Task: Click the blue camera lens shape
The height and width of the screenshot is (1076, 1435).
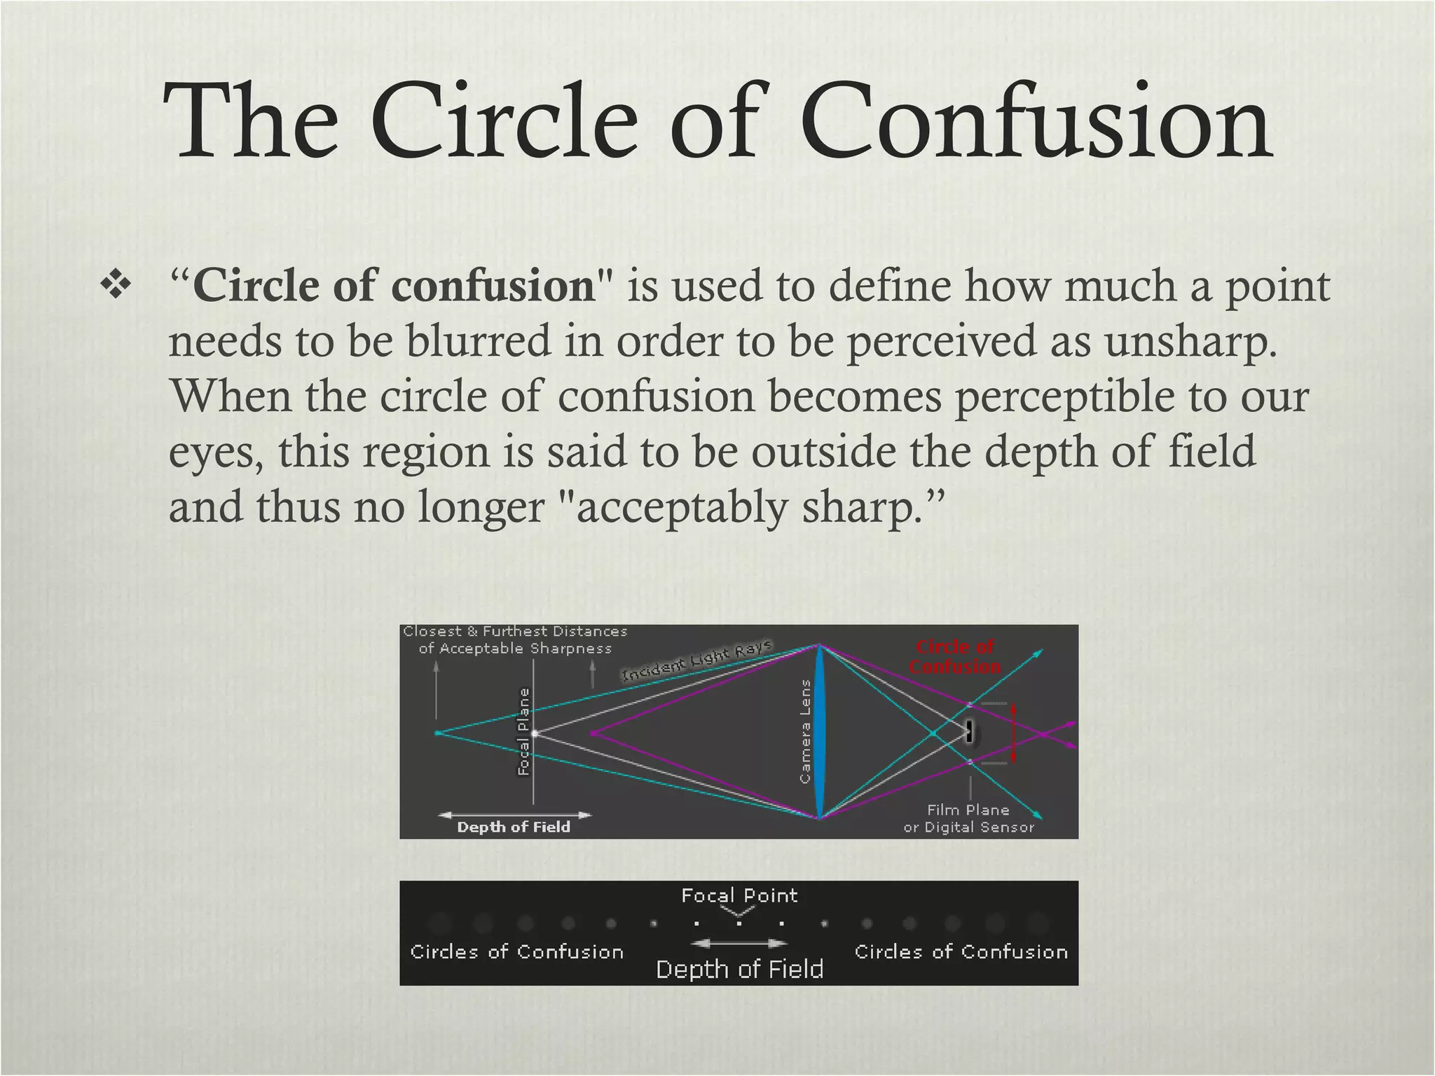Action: pos(819,731)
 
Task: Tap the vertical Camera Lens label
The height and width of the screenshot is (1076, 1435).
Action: pos(805,731)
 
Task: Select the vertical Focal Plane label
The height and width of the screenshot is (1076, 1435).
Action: pos(523,731)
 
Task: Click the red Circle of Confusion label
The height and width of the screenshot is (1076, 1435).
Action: pos(954,656)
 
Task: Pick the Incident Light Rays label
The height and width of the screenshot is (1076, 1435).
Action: pos(697,660)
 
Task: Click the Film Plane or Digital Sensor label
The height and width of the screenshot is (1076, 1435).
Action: pos(968,818)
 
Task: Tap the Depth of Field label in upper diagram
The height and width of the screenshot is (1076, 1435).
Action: pos(514,827)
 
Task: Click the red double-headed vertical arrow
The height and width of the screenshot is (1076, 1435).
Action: pos(1013,733)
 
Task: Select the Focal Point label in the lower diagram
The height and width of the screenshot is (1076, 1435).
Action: pos(739,895)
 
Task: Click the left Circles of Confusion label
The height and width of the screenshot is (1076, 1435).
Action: pos(516,952)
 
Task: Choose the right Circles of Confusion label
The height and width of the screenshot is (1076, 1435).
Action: pos(961,952)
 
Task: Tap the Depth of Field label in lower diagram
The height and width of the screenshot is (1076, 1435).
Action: pos(739,970)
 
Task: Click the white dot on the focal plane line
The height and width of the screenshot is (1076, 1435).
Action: pos(535,733)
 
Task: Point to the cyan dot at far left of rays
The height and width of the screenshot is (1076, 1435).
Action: pos(437,733)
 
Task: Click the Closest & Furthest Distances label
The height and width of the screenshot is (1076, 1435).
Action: pos(515,640)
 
